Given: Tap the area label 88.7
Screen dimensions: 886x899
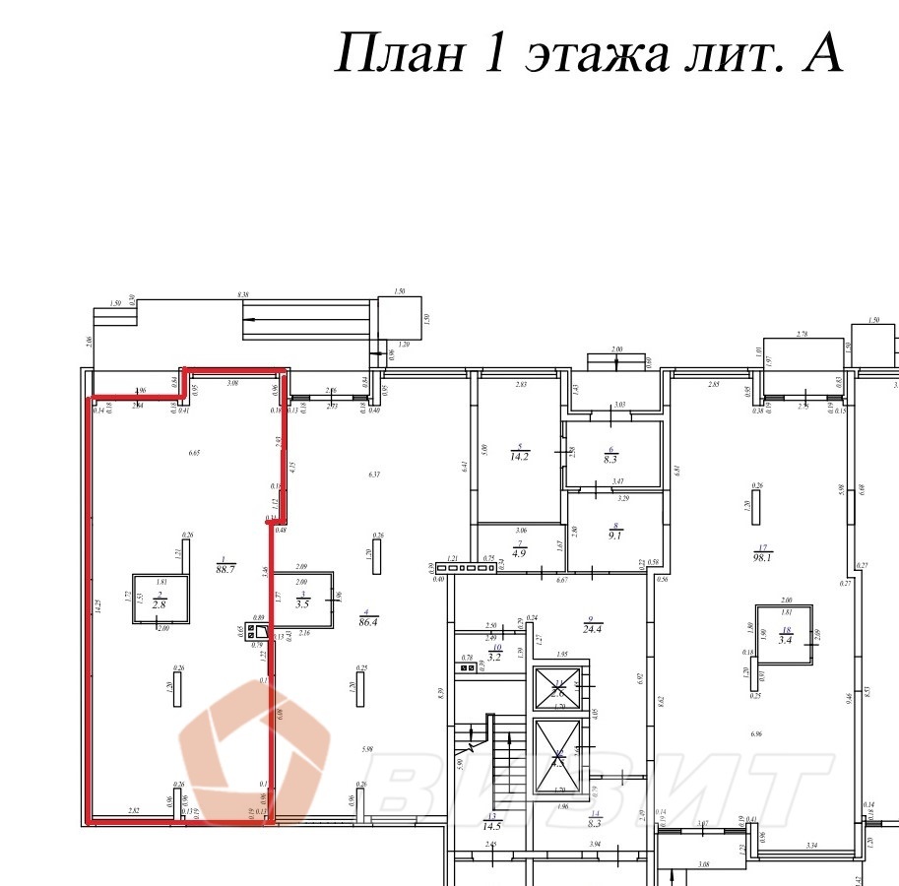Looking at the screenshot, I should click(x=225, y=570).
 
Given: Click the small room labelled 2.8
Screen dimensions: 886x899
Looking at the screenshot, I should click(x=160, y=600).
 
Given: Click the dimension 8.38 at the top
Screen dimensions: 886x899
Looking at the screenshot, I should click(x=243, y=293).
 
